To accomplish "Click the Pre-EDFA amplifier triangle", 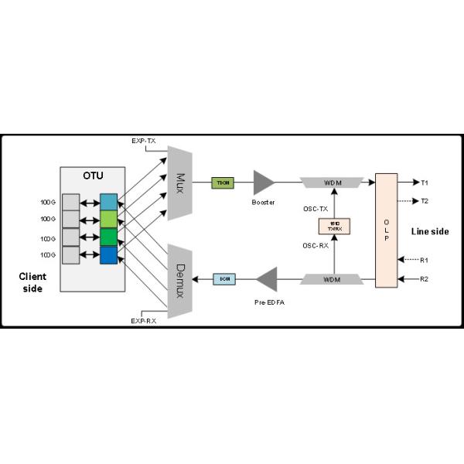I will click(266, 278).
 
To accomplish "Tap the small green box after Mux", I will click(222, 183).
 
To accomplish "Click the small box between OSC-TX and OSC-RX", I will click(335, 227).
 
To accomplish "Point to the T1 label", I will click(425, 183).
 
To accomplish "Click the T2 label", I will click(425, 201).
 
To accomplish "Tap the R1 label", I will click(425, 260).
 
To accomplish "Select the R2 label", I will click(425, 278).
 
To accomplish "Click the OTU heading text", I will click(93, 176).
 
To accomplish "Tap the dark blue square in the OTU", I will click(108, 254).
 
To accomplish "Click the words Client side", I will click(32, 282).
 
